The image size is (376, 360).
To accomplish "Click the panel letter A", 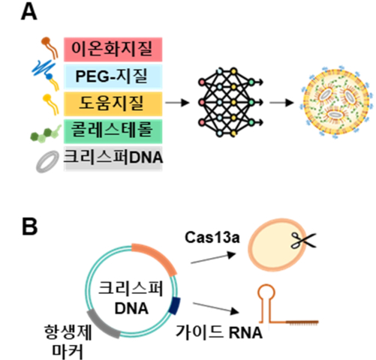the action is (x=29, y=13).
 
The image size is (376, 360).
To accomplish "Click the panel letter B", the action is (x=29, y=226).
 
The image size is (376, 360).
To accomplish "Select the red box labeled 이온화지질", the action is (x=113, y=49).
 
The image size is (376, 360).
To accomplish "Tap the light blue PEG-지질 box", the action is (x=113, y=76).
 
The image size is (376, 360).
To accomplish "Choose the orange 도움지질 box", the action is (x=113, y=103).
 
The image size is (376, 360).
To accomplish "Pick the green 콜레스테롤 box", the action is (x=113, y=131).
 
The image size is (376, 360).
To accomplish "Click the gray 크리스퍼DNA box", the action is (x=113, y=158).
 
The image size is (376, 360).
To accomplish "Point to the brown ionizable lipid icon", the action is (x=50, y=47).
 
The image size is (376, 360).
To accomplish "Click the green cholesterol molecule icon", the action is (x=46, y=133).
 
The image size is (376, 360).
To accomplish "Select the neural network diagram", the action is (x=230, y=102).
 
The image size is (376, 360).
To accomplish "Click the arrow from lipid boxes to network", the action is (x=177, y=103).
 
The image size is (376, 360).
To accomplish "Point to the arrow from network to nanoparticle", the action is (x=281, y=103).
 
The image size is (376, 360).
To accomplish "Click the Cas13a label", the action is (x=212, y=237).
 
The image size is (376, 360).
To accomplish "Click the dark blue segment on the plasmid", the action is (x=175, y=305).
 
